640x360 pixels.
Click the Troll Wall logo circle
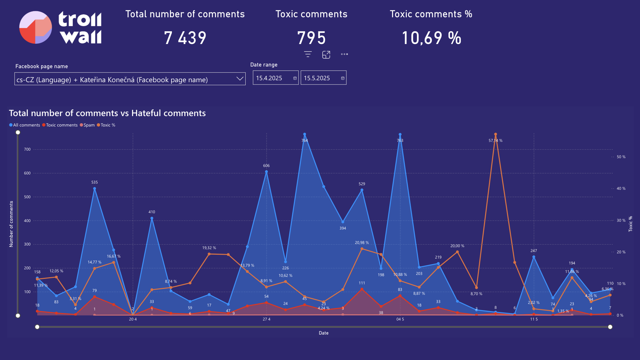pyautogui.click(x=36, y=27)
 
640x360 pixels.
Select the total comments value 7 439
pyautogui.click(x=185, y=38)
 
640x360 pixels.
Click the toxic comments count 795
pyautogui.click(x=311, y=38)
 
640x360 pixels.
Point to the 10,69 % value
pyautogui.click(x=431, y=38)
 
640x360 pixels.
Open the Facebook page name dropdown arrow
pyautogui.click(x=240, y=79)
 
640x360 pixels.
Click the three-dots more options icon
pyautogui.click(x=344, y=54)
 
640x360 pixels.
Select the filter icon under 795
pyautogui.click(x=308, y=54)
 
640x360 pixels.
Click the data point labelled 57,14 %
pyautogui.click(x=495, y=134)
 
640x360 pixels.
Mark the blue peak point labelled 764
pyautogui.click(x=305, y=134)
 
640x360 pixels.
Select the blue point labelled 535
pyautogui.click(x=95, y=188)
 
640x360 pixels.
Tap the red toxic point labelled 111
pyautogui.click(x=362, y=289)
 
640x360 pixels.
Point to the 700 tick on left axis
pyautogui.click(x=27, y=149)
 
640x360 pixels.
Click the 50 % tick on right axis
pyautogui.click(x=621, y=157)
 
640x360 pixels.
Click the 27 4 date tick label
pyautogui.click(x=267, y=319)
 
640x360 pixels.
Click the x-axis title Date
pyautogui.click(x=324, y=333)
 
